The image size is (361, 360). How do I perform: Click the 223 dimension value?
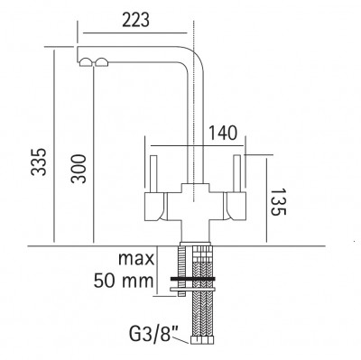135,20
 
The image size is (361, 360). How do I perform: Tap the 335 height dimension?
40,162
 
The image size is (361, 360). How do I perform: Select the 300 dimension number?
79,169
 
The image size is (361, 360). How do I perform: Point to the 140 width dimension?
223,134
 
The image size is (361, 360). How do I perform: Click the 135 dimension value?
278,202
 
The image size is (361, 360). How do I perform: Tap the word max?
136,259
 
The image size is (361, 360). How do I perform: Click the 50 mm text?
124,281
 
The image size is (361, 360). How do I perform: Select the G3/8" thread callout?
153,331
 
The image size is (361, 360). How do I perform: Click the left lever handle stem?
153,173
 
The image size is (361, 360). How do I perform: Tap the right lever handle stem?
237,173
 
